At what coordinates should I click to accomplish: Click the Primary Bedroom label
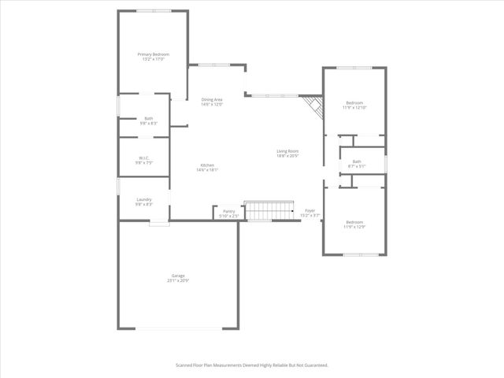tap(154, 54)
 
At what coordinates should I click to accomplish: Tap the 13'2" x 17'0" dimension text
tap(154, 59)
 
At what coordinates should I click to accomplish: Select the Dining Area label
tap(212, 99)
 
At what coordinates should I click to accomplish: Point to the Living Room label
tap(287, 150)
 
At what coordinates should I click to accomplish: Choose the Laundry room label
tap(143, 199)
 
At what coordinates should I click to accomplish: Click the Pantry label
tap(229, 211)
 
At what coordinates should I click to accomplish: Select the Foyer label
tap(310, 211)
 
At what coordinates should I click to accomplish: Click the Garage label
tap(178, 276)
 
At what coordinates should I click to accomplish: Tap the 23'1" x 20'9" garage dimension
tap(178, 280)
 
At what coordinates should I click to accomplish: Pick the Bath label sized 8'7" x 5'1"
tap(357, 161)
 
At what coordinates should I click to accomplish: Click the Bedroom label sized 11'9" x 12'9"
tap(355, 222)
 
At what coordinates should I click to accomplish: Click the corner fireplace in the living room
tap(314, 107)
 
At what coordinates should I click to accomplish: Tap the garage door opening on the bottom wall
tap(179, 328)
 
